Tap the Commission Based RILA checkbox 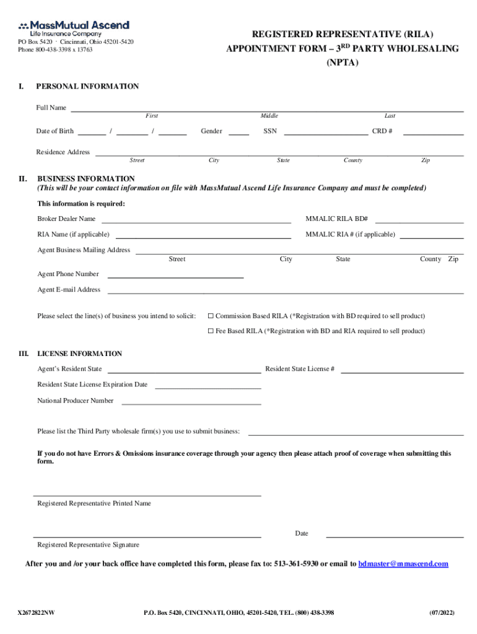coord(211,316)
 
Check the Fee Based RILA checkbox coord(211,331)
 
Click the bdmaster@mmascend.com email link coord(403,564)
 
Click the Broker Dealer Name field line coord(196,220)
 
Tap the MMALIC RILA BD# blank coord(419,220)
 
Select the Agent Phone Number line coord(175,276)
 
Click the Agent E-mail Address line coord(286,291)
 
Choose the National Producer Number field coord(191,402)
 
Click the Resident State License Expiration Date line coord(208,386)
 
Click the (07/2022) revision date coord(442,613)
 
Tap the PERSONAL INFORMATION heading coord(87,87)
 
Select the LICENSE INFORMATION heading coord(80,354)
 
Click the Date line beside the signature coord(395,535)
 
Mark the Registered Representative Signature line coord(147,535)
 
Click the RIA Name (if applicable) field coord(203,236)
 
